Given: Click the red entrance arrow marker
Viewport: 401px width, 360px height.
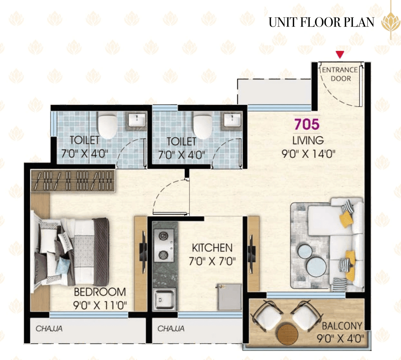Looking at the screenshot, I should coord(340,54).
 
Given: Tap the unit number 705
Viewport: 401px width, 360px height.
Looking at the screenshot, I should coord(307,124).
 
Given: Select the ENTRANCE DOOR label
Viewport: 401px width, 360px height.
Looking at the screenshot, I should coord(340,74).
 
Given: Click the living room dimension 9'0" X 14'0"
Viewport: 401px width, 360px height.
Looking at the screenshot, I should coord(308,154).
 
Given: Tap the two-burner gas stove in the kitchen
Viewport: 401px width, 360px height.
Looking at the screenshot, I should coord(164,246).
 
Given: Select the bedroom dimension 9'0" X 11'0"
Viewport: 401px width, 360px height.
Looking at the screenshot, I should coord(100,305).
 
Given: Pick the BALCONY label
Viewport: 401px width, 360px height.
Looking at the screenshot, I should coord(342,326).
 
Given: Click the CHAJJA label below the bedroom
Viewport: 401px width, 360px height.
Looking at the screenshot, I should coord(49,328).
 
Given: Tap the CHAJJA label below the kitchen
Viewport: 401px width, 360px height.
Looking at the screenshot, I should coord(171,328).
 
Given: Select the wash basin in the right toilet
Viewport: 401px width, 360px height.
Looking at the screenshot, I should coord(233,121).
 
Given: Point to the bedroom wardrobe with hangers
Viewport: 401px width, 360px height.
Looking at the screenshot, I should coord(73,180).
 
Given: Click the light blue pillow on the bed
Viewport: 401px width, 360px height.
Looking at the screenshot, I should coord(63,266).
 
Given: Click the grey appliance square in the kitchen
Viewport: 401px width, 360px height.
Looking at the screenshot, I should coord(229,297).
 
